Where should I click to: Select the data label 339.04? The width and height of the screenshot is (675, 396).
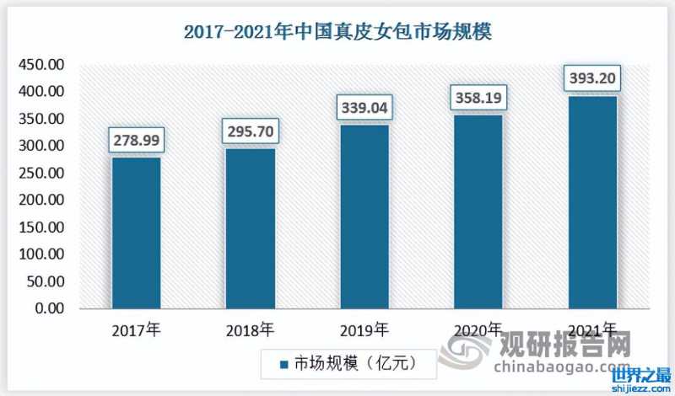(x=364, y=107)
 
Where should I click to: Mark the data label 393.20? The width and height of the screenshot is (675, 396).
(x=592, y=78)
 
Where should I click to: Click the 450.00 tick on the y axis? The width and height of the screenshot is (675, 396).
(x=41, y=65)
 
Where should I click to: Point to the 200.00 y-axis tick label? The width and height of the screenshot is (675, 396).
(x=41, y=201)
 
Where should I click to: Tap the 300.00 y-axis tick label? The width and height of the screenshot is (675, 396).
(x=41, y=146)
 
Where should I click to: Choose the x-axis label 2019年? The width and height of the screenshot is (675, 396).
(x=364, y=329)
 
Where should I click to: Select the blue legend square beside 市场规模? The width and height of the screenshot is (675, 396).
(x=284, y=363)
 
